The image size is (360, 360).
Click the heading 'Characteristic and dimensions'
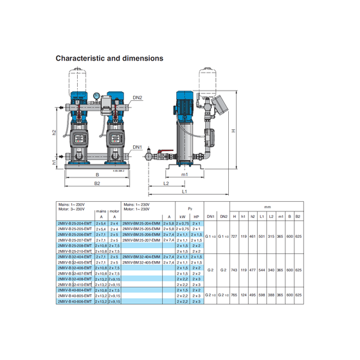click(109, 59)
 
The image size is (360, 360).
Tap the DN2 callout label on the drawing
click(138, 98)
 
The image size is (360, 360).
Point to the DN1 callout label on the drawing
click(137, 147)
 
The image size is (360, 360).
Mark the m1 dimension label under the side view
click(183, 174)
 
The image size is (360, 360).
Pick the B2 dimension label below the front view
click(97, 183)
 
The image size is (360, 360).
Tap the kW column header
click(182, 217)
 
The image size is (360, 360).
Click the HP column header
click(197, 217)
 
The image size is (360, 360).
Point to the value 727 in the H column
click(235, 237)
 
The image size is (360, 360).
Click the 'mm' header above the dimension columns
click(266, 208)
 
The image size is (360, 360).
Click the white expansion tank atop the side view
click(210, 76)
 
